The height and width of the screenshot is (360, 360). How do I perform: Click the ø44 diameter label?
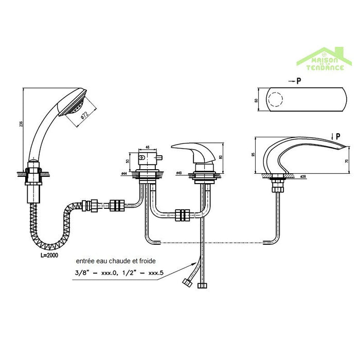coord(124,174)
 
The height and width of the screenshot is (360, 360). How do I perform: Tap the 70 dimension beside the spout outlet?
coord(347,161)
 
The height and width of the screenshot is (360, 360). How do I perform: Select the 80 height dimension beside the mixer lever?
coord(220,157)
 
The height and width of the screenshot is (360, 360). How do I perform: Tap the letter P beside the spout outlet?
coord(338,136)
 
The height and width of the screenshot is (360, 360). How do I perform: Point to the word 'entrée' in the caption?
coord(85,261)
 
